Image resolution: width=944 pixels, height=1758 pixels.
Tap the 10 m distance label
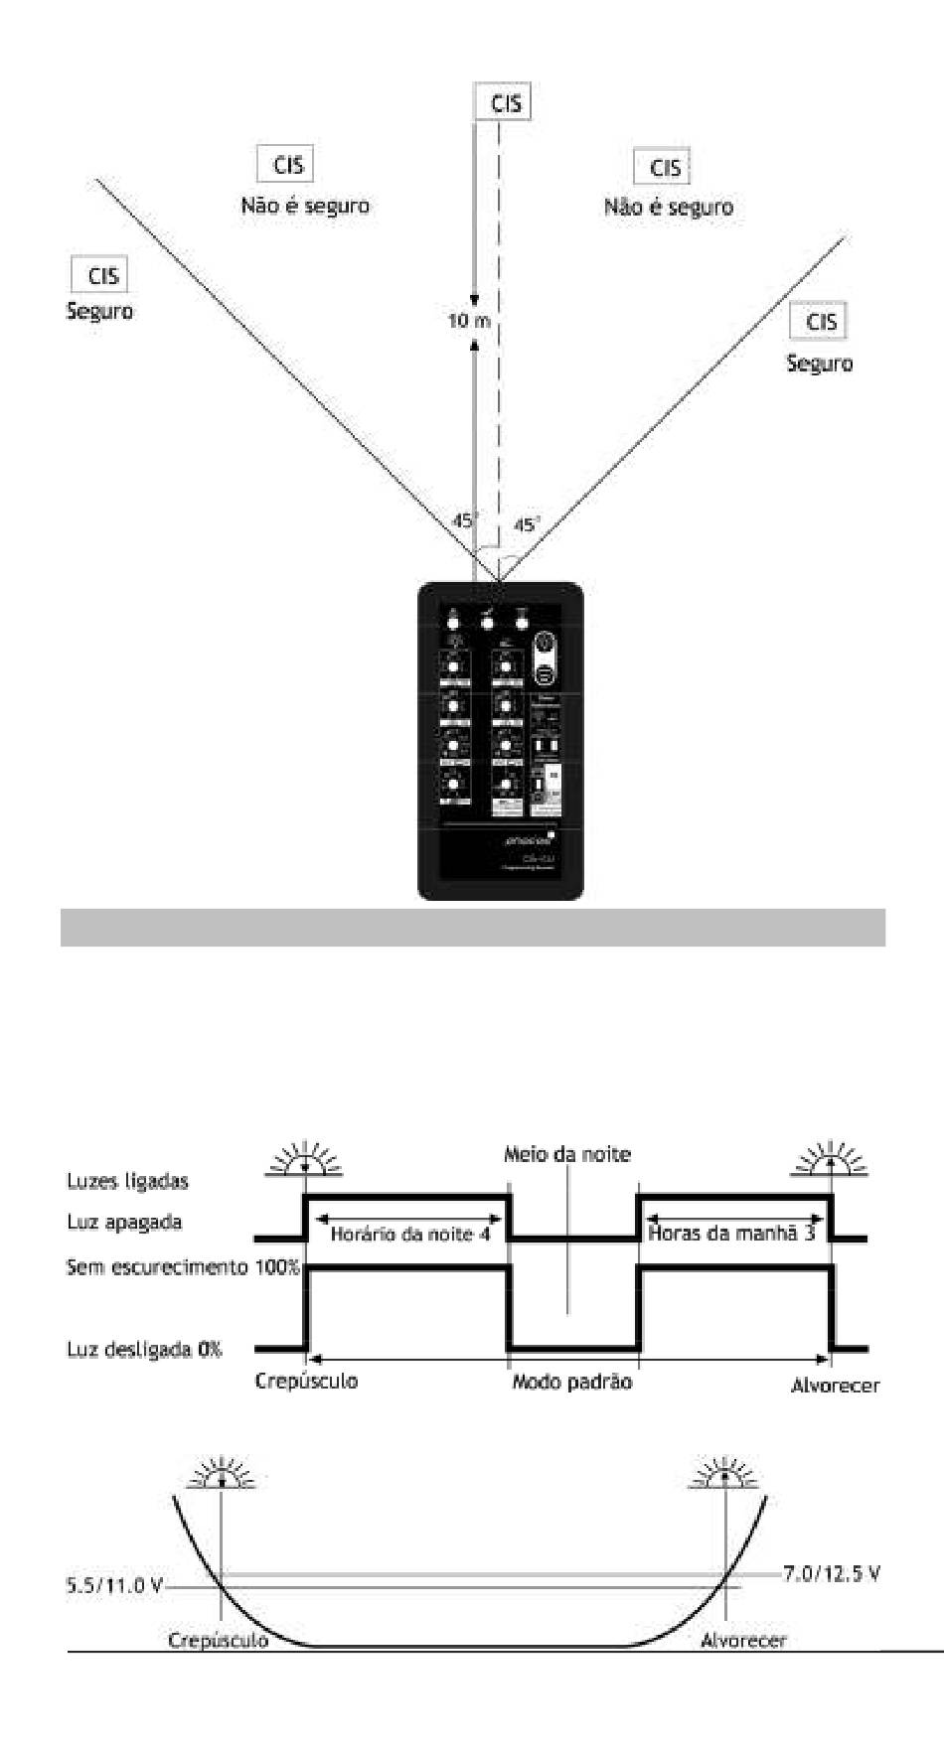(469, 321)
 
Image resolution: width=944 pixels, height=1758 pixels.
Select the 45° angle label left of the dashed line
(465, 520)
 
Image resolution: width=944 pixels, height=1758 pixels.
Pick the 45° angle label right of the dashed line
(527, 524)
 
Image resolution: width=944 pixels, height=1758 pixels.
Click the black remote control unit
(500, 740)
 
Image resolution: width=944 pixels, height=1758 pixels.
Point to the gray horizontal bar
(472, 927)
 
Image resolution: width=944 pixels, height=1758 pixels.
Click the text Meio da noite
(566, 1154)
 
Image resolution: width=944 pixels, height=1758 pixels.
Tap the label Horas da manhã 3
(731, 1235)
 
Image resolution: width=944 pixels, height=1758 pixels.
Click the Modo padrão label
(571, 1382)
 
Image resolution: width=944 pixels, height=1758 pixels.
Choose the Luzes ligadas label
(127, 1181)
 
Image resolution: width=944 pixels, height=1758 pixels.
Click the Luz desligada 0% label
(144, 1350)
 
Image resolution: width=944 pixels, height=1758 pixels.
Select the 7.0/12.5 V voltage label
(831, 1574)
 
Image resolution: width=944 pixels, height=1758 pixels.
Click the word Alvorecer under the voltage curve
(743, 1640)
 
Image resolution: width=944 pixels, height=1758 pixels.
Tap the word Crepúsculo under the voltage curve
(219, 1640)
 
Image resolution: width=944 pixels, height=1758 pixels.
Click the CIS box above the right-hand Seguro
(821, 322)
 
